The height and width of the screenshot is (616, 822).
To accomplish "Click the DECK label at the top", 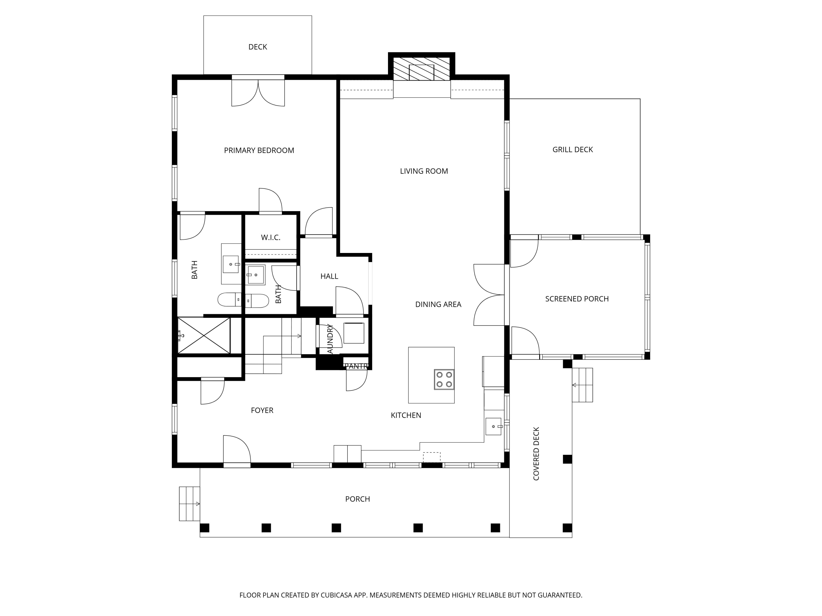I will tap(258, 47).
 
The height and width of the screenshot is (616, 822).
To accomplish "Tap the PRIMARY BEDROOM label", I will tap(259, 150).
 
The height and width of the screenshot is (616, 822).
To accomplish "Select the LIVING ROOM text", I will tap(424, 171).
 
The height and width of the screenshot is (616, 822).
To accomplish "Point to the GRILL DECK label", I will tap(572, 150).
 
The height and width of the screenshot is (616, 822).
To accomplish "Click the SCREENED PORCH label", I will tap(577, 299).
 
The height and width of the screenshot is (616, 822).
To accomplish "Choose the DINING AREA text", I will tap(438, 304).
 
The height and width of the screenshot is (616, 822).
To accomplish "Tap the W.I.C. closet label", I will tap(270, 238).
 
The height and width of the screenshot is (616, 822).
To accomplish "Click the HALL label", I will tap(329, 276).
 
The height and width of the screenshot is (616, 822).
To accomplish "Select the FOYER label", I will tap(262, 410).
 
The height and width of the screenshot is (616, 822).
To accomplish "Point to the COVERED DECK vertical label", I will tap(536, 454).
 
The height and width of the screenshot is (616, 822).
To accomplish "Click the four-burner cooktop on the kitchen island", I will tap(444, 379).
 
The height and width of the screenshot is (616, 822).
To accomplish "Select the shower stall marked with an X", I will tap(204, 335).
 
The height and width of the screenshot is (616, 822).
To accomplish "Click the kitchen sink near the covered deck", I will tap(493, 426).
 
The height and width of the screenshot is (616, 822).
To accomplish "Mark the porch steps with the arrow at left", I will tap(190, 504).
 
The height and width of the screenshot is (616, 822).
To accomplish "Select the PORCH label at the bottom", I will tap(358, 499).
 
